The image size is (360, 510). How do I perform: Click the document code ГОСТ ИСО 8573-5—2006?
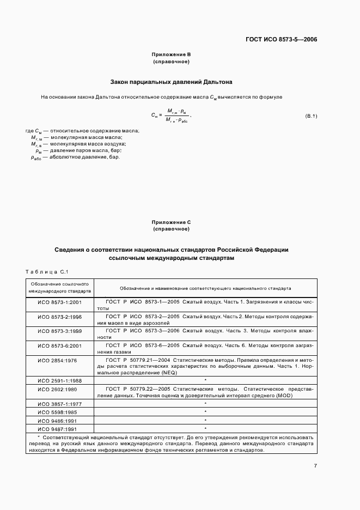tap(282, 39)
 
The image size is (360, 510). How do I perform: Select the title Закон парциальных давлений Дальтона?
tap(172, 82)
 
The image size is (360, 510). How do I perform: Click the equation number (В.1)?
tap(311, 117)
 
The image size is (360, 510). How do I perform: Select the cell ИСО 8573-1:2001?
tap(59, 301)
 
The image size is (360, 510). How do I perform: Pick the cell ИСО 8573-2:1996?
tap(59, 316)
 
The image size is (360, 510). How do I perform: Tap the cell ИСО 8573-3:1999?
tap(59, 331)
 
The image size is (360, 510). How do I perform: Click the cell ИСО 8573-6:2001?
tap(59, 345)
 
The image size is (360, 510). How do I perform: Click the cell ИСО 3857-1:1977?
tap(59, 404)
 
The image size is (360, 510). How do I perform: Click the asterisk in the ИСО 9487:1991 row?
tap(205, 429)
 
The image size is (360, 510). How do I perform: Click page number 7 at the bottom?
tap(315, 466)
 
